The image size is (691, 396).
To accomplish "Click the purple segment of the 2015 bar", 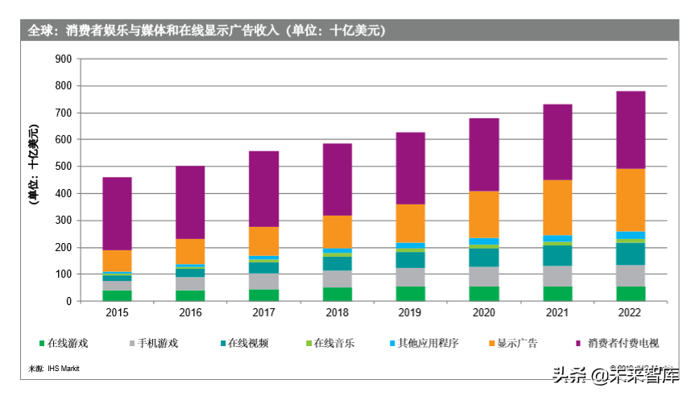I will coord(117,213).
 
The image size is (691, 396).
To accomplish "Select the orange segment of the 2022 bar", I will coord(631,200).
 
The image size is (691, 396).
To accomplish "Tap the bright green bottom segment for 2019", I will coord(411,294).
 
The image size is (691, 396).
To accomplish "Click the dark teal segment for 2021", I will coord(557,255).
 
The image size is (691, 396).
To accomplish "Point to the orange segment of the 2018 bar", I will coord(337,232).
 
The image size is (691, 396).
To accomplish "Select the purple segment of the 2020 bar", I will coord(484,155).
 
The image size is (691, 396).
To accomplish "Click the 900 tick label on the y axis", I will coord(63,59).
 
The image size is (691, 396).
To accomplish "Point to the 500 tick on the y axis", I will coord(63,167).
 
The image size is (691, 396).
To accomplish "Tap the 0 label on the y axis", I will coord(69,301).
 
